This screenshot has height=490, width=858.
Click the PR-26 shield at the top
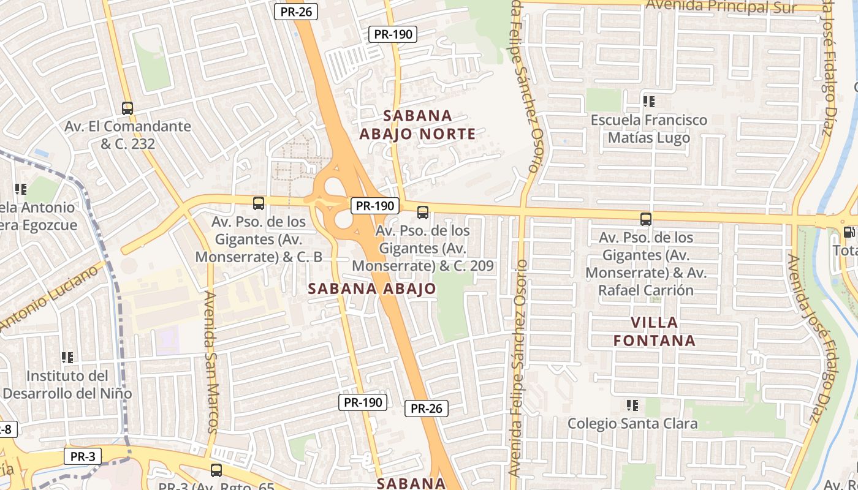[295, 11]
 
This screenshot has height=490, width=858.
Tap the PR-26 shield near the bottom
[426, 409]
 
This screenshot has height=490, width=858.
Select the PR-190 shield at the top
[393, 34]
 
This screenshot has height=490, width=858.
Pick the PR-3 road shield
[82, 456]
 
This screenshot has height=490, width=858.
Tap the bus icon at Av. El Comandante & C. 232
[127, 108]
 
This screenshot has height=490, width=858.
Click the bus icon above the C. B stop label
[259, 203]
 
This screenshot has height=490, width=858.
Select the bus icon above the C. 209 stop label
[423, 213]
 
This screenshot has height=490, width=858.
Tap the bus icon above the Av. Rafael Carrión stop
[645, 219]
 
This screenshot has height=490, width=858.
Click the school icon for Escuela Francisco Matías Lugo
[648, 102]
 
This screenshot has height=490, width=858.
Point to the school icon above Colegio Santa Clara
[632, 405]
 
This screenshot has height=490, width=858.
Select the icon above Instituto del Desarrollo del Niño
[67, 357]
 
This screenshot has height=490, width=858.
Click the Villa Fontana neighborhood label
[655, 331]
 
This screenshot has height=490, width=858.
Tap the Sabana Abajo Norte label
[417, 125]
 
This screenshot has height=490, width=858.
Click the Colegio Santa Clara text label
[632, 423]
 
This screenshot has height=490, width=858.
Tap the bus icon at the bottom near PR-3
[216, 470]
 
